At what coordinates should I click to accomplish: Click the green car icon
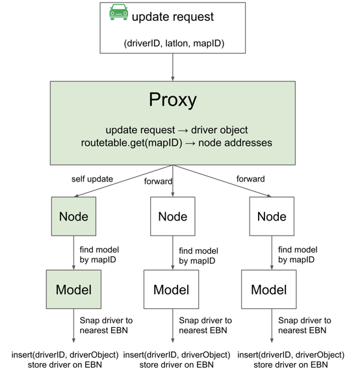coord(118,12)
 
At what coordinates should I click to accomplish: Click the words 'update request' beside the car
coord(173,17)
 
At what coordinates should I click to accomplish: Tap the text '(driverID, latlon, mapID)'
coord(174,44)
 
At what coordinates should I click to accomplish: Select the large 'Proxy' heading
coord(173,100)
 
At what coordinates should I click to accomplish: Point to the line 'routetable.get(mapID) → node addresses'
coord(177,142)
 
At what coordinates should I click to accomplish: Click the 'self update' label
coord(92,179)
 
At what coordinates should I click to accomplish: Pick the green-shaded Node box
coord(74,216)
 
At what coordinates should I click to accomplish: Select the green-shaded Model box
coord(74,289)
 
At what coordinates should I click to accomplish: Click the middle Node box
coord(173,216)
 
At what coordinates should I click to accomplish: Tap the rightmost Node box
coord(272,216)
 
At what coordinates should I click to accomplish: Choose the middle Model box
coord(172,289)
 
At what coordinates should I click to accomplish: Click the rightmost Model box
coord(269,289)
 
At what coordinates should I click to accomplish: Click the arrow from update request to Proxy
coord(173,67)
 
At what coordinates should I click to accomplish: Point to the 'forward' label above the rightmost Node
coord(251,179)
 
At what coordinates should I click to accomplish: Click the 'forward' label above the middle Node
coord(158,181)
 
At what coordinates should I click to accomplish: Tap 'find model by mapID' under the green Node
coord(99,254)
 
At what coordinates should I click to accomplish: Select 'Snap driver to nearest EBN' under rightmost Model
coord(305,325)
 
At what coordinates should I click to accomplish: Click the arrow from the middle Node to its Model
coord(173,253)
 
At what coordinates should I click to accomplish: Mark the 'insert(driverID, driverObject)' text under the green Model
coord(65,355)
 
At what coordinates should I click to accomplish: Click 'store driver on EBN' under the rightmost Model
coord(290,365)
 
